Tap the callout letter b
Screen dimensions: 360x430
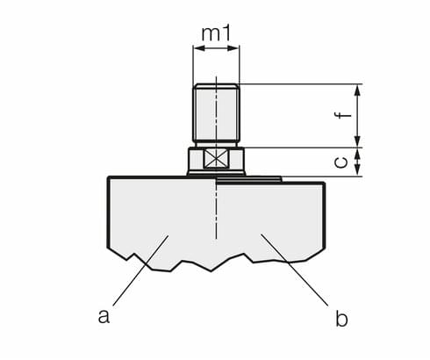tap(340, 318)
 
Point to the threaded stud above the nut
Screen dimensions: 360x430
tap(216, 112)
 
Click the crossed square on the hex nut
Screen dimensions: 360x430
tap(216, 160)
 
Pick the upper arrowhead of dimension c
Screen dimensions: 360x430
tap(358, 153)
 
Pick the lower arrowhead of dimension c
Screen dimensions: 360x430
tap(358, 170)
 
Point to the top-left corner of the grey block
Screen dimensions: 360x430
tap(108, 178)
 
